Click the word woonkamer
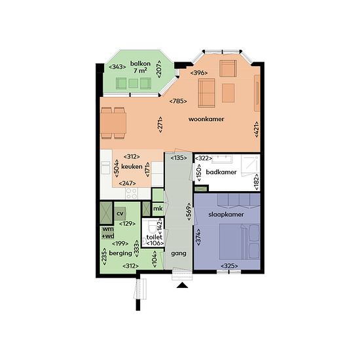(206, 119)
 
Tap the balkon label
(140, 63)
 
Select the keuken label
(132, 166)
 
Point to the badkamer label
(221, 172)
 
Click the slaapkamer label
(226, 215)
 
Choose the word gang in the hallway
(179, 254)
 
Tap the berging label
(120, 253)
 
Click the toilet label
(154, 237)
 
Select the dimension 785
(178, 101)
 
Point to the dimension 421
(257, 129)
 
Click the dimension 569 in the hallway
(189, 211)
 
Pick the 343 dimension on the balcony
(117, 67)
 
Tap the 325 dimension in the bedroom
(229, 266)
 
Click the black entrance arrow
(183, 285)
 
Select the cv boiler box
(120, 213)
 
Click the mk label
(158, 208)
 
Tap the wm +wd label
(108, 232)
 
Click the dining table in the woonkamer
(113, 123)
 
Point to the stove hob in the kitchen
(132, 193)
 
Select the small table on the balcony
(133, 83)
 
